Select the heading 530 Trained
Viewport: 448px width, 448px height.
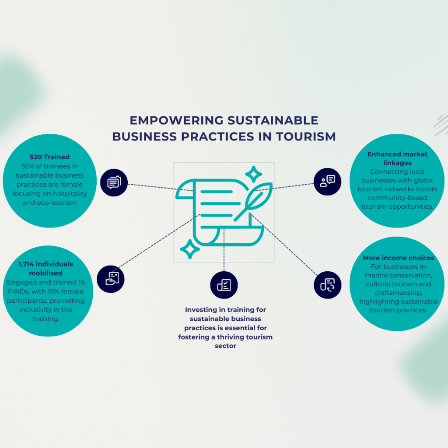[x=49, y=157]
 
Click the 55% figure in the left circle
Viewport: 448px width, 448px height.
[x=28, y=166]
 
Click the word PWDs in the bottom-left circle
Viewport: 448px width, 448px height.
[x=17, y=291]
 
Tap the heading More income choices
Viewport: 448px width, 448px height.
[x=398, y=258]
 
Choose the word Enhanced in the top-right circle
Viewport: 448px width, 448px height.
[x=383, y=154]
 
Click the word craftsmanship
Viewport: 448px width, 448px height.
[x=399, y=293]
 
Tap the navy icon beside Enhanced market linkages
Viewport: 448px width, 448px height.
[x=328, y=181]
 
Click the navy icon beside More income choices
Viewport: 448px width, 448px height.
[x=328, y=285]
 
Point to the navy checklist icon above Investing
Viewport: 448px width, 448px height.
[x=224, y=285]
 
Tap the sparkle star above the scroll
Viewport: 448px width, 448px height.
[x=253, y=174]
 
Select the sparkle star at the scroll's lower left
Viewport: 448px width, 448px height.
[x=190, y=250]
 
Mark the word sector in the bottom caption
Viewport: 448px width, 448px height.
[x=225, y=346]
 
